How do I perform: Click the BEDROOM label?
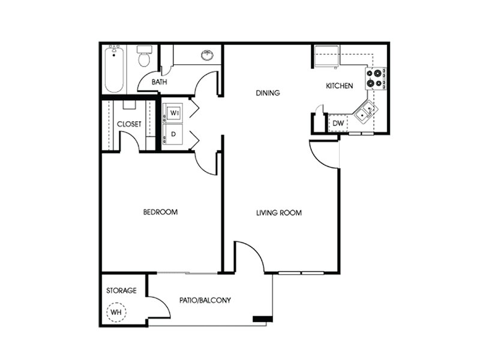pyautogui.click(x=160, y=212)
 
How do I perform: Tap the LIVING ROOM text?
pyautogui.click(x=279, y=212)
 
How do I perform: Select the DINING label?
pyautogui.click(x=268, y=93)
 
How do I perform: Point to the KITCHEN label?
pyautogui.click(x=339, y=86)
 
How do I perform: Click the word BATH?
pyautogui.click(x=159, y=82)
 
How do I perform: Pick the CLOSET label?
pyautogui.click(x=129, y=124)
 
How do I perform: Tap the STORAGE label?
pyautogui.click(x=121, y=290)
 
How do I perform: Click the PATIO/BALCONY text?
pyautogui.click(x=205, y=300)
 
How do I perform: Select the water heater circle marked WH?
pyautogui.click(x=116, y=312)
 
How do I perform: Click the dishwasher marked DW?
pyautogui.click(x=338, y=123)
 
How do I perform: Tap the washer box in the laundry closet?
pyautogui.click(x=172, y=113)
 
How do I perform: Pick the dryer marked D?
pyautogui.click(x=172, y=134)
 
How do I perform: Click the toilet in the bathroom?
pyautogui.click(x=144, y=56)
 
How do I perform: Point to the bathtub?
pyautogui.click(x=115, y=69)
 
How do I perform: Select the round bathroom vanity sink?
pyautogui.click(x=208, y=55)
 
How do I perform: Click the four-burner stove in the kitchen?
pyautogui.click(x=376, y=79)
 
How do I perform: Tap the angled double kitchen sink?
pyautogui.click(x=366, y=112)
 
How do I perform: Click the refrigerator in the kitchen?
pyautogui.click(x=327, y=56)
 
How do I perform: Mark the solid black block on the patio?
pyautogui.click(x=263, y=319)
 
